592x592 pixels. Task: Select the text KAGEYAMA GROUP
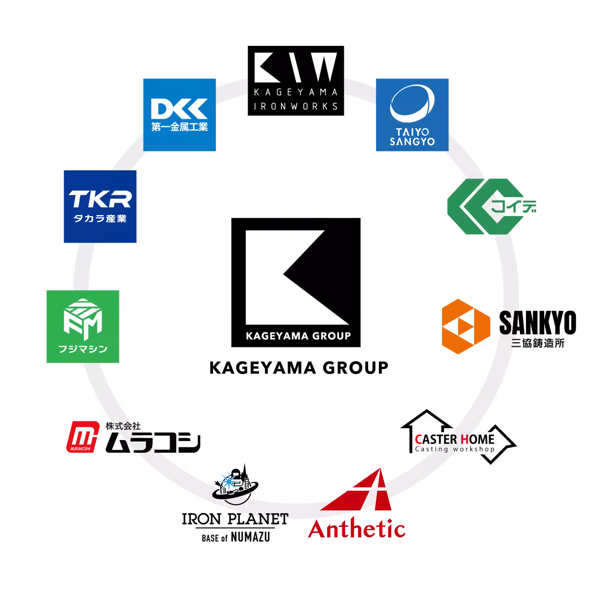298,336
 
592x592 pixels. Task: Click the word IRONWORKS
296,106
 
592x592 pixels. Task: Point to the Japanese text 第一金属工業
180,127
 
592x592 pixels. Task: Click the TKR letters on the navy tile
100,199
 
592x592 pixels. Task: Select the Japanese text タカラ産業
100,218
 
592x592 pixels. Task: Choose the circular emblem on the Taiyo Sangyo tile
412,106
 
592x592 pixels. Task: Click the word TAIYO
412,133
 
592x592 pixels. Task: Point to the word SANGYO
412,142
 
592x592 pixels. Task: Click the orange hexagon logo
466,326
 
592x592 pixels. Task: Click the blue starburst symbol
229,481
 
